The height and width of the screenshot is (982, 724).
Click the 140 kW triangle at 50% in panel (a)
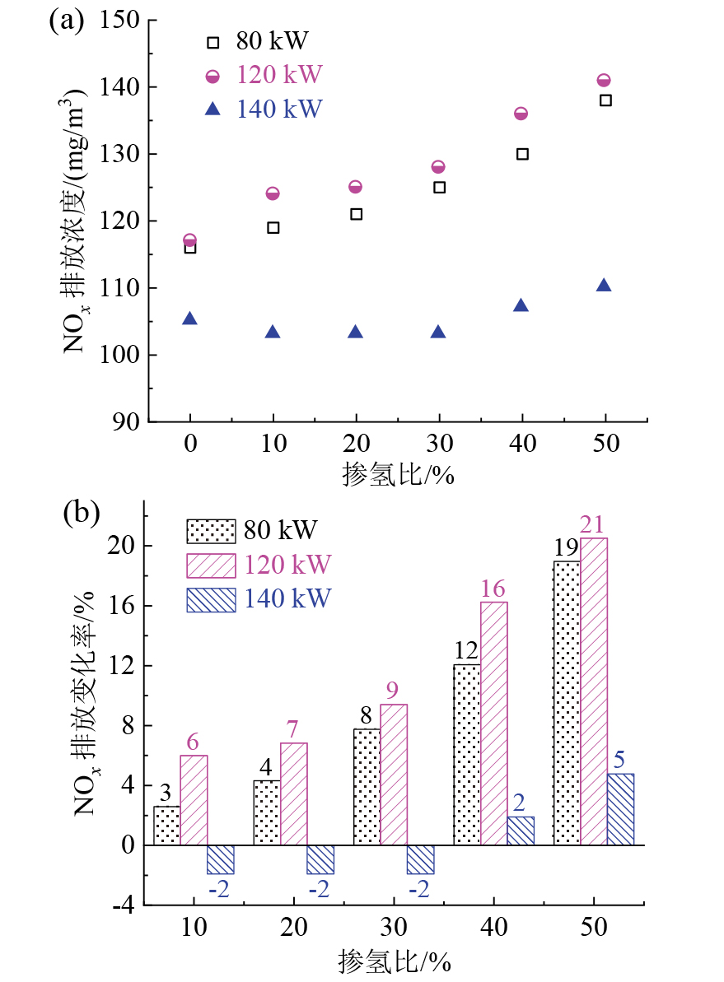[604, 285]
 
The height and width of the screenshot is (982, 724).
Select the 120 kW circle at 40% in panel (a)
[521, 114]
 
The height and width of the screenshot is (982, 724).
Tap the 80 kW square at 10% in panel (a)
[273, 227]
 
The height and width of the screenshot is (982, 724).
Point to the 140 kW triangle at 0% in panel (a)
[190, 319]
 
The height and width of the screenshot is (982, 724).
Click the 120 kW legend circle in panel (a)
[214, 76]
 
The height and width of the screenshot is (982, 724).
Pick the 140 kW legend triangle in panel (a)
[214, 109]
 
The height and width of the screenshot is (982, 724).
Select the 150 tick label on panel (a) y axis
[122, 20]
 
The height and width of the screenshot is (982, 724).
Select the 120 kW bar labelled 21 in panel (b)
[594, 691]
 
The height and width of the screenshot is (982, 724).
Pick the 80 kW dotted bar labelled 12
[468, 754]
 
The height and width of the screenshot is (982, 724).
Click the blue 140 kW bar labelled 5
[620, 809]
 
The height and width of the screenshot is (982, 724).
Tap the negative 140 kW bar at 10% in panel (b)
[221, 859]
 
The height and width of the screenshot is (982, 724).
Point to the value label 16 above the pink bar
[494, 589]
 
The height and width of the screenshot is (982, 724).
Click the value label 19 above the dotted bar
[567, 548]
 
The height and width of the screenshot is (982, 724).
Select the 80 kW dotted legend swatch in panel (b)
[211, 530]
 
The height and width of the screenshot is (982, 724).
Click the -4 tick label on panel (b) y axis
[126, 905]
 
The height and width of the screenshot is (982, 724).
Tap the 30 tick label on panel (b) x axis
[394, 928]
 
